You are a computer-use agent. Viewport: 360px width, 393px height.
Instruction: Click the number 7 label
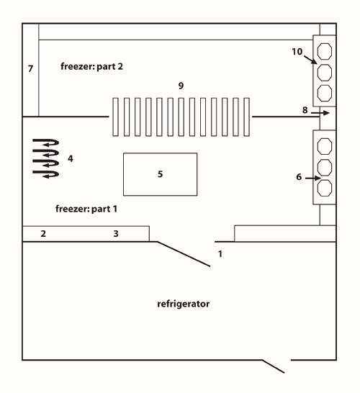point(30,68)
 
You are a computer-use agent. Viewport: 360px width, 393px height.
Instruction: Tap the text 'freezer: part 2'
point(91,66)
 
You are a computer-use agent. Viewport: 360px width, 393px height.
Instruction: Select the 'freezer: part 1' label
point(86,209)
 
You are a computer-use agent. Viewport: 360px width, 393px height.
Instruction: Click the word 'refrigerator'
point(184,304)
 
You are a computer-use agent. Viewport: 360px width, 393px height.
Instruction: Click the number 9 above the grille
point(181,86)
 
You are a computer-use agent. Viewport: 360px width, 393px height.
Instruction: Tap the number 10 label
point(297,52)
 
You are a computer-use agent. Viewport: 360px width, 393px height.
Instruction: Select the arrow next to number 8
point(320,113)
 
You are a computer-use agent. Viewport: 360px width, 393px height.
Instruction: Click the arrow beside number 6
point(313,179)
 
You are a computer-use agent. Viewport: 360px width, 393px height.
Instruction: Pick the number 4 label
point(71,158)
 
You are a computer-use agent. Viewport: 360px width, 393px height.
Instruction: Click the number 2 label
point(43,234)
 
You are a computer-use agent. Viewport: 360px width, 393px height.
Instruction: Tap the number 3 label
point(116,234)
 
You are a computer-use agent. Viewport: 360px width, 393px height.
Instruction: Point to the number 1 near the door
point(220,254)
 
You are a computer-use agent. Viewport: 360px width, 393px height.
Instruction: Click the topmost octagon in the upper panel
point(325,52)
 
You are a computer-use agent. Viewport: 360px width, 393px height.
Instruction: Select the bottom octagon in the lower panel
point(325,188)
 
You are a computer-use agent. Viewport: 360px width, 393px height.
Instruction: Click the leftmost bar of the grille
point(115,117)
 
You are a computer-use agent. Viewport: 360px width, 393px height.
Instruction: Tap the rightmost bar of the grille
point(246,117)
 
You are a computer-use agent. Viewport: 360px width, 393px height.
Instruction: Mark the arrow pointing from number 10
point(310,60)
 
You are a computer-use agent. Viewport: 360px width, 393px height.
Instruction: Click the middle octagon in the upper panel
point(325,73)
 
